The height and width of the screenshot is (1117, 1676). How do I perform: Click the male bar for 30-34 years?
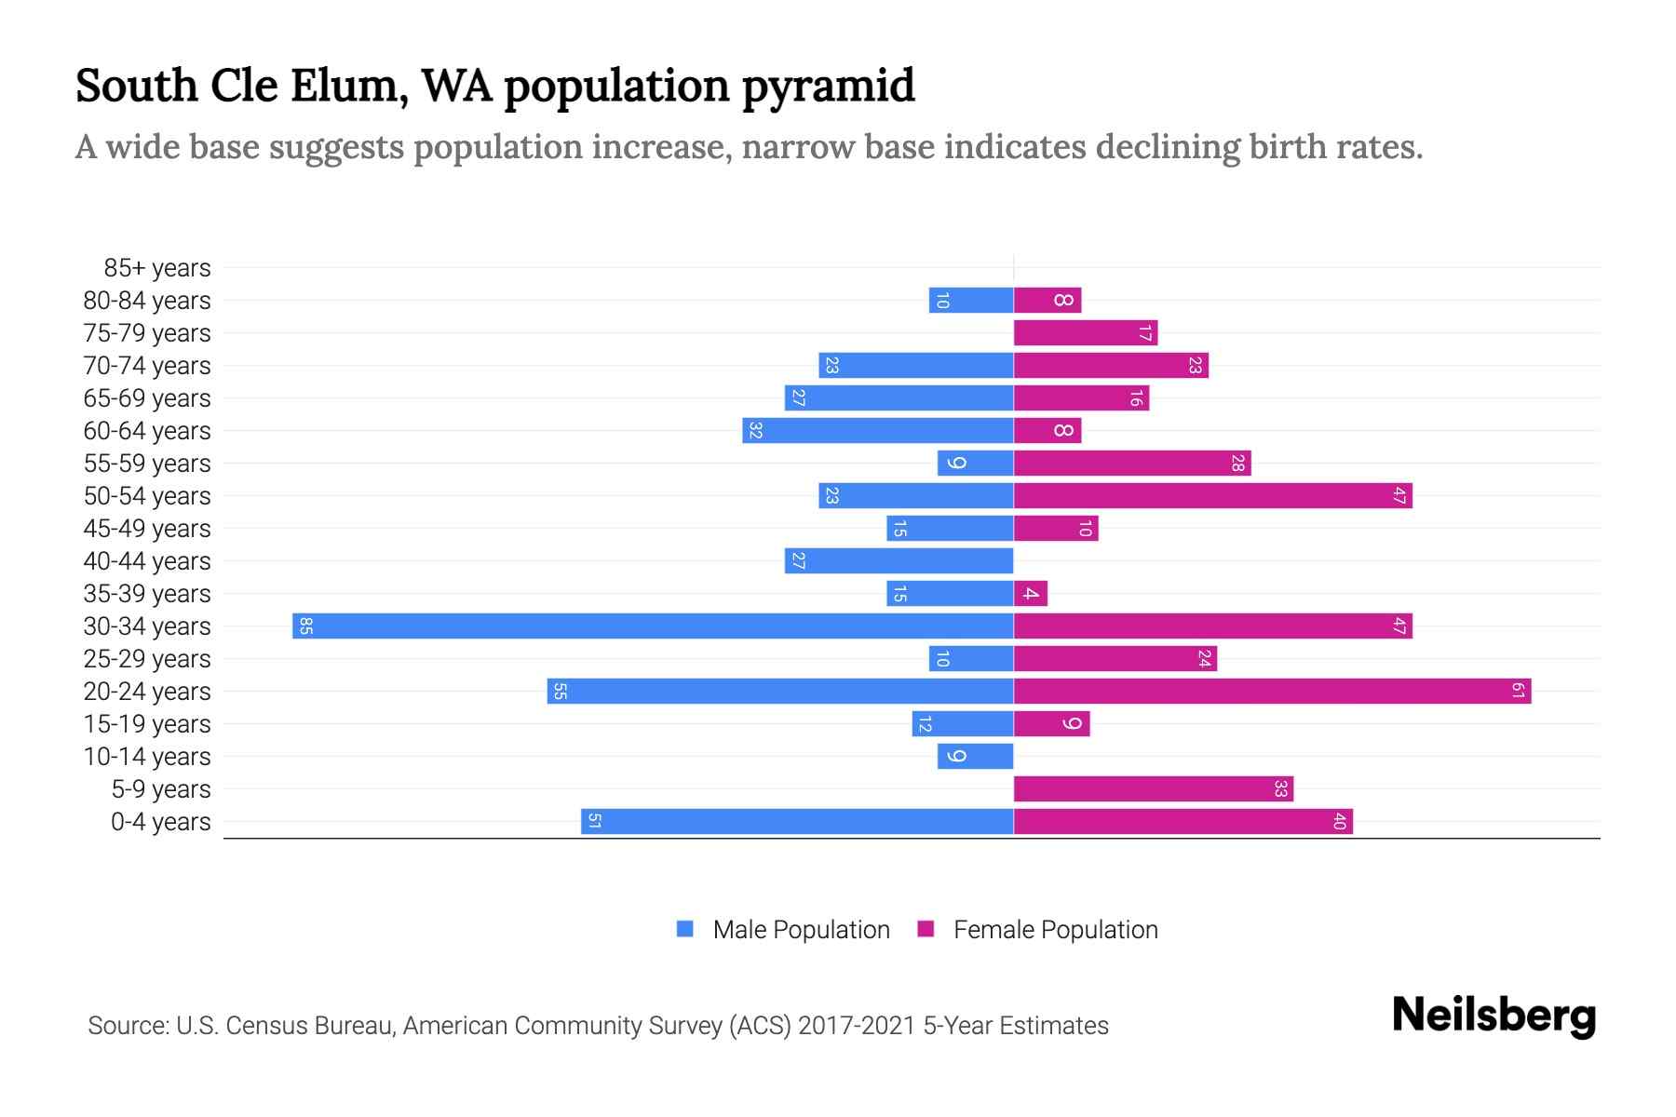(x=652, y=626)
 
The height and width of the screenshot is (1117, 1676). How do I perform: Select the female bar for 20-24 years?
(x=1272, y=691)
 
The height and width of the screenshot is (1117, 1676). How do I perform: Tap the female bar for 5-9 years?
(x=1153, y=788)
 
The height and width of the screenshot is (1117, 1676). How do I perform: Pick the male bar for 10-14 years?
(x=975, y=756)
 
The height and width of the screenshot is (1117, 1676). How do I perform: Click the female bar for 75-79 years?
(x=1085, y=332)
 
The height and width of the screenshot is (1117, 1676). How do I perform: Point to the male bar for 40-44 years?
(x=899, y=560)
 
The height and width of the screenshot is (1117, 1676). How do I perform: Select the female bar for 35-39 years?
(x=1031, y=593)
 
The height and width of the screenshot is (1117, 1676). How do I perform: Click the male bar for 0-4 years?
(x=797, y=821)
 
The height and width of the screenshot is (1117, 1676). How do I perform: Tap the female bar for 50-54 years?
(x=1212, y=495)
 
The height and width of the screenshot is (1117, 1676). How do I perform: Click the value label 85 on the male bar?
(x=305, y=626)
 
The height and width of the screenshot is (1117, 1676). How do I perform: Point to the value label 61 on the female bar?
(x=1518, y=691)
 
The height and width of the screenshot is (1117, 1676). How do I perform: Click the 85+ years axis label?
(x=156, y=268)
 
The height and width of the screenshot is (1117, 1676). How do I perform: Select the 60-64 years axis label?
(x=147, y=431)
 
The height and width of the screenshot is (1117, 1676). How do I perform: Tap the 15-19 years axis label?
(x=147, y=724)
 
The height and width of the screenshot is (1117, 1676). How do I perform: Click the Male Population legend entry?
(x=801, y=929)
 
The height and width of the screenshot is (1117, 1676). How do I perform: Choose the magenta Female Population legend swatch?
(x=926, y=929)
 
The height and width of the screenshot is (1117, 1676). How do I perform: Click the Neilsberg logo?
(x=1494, y=1016)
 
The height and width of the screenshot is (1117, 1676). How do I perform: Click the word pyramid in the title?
(x=828, y=87)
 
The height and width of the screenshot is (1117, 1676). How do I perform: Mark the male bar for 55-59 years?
(x=975, y=463)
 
